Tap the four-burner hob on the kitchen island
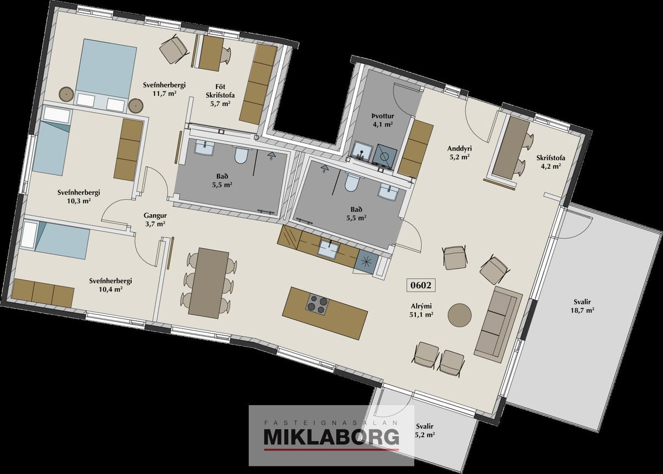318,305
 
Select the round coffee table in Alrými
460,314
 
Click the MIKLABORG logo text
331,437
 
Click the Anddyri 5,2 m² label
460,153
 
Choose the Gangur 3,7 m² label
155,219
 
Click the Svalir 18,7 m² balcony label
582,306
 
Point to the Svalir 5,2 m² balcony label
425,430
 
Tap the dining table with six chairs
209,283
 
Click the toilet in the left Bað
240,155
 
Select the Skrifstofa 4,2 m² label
550,162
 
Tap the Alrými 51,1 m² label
421,311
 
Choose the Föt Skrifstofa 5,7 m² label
220,95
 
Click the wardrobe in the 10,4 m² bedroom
43,292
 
